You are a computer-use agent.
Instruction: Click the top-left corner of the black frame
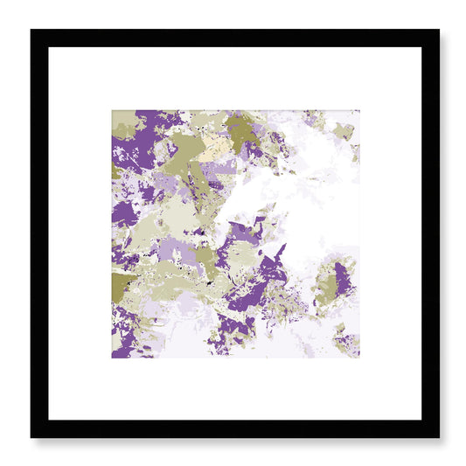(x=32, y=31)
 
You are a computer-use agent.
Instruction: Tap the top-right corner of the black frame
(x=437, y=31)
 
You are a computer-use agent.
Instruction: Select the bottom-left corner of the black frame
(x=32, y=435)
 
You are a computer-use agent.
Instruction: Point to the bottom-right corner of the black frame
(x=437, y=435)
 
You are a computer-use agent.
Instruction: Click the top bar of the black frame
(x=234, y=38)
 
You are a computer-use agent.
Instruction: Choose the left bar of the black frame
(x=39, y=233)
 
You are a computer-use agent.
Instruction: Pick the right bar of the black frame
(x=430, y=233)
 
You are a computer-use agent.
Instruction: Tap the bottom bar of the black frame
(x=234, y=428)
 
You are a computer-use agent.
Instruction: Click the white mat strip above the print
(x=234, y=79)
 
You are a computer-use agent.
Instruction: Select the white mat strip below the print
(x=234, y=389)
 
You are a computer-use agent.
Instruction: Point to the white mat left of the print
(x=80, y=233)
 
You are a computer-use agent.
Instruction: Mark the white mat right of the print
(x=390, y=233)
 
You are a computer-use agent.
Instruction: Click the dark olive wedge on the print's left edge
(x=122, y=284)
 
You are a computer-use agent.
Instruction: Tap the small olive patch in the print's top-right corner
(x=344, y=130)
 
